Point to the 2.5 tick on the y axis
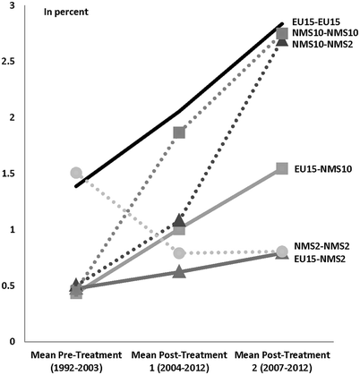(16, 61)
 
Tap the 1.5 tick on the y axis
(16, 173)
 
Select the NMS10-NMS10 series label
(324, 31)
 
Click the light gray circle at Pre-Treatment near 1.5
(76, 173)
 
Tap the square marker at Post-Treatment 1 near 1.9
(179, 132)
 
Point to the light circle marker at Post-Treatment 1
(179, 253)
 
